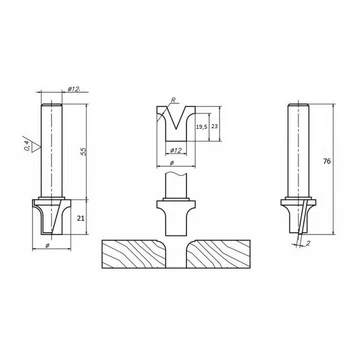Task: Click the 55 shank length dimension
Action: [x=84, y=151]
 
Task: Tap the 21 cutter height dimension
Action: [x=81, y=218]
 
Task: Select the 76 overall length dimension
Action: [x=327, y=161]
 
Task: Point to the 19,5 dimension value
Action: [x=201, y=127]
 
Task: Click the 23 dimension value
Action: [x=215, y=127]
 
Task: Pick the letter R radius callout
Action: [x=173, y=100]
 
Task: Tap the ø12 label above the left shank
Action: [x=73, y=89]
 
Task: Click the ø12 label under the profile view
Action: [x=176, y=151]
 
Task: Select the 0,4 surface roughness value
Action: [x=27, y=146]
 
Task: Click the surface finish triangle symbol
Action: [x=35, y=147]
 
